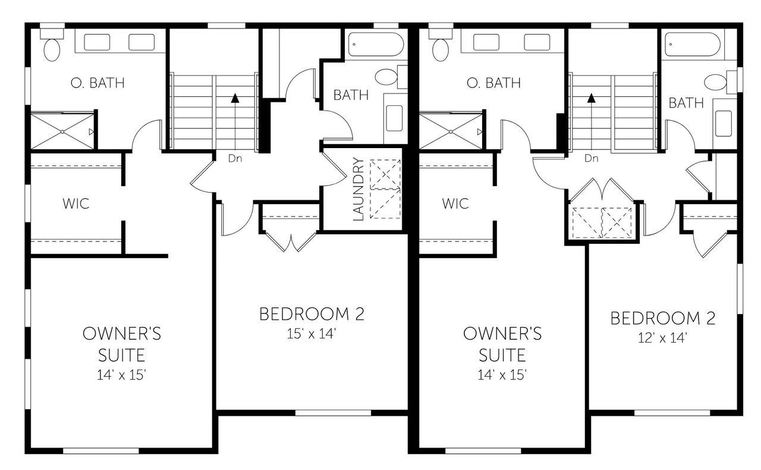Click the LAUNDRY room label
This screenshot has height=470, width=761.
coord(359,189)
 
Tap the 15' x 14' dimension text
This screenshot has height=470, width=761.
coord(312,334)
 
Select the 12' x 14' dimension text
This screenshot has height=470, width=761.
coord(663,338)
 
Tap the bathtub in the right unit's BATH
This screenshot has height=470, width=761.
coord(693,44)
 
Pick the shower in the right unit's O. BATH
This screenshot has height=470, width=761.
coord(451,131)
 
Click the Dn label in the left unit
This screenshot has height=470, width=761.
coord(235,159)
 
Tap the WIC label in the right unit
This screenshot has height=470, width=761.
coord(455,203)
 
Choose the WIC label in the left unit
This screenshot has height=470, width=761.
coord(76,203)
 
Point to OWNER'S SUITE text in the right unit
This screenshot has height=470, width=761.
coord(502,344)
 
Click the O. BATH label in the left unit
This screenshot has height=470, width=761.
coord(98,83)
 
